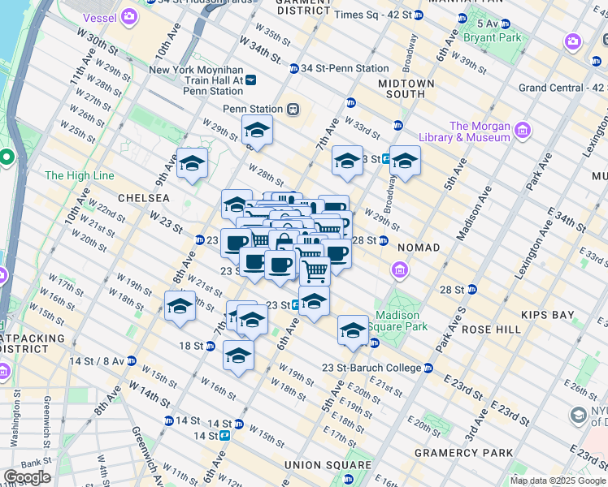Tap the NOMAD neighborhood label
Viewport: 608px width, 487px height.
coord(419,247)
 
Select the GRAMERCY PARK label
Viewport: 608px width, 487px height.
coord(463,452)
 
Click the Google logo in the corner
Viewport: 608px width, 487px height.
coord(27,477)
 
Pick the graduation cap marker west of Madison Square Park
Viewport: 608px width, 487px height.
coord(353,330)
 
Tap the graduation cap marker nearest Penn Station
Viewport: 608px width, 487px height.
coord(257,130)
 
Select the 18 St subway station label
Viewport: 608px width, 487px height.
coord(191,346)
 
